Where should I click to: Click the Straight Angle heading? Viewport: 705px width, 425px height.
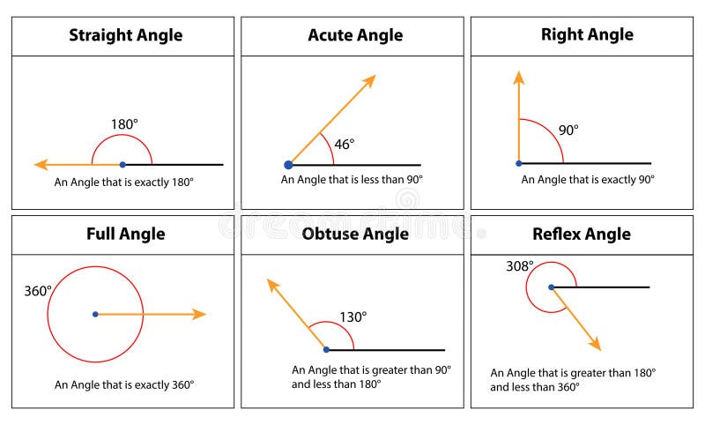click(126, 35)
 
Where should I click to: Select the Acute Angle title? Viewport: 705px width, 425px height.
click(355, 35)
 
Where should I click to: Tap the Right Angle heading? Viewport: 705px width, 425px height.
click(587, 34)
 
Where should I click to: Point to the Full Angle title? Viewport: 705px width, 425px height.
click(126, 235)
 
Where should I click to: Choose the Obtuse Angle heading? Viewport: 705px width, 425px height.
click(355, 234)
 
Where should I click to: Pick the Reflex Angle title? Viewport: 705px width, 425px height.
click(582, 235)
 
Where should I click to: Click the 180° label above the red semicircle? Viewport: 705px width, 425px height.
click(124, 124)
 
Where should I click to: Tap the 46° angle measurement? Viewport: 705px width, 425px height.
click(345, 145)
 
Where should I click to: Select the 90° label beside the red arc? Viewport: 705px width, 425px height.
click(568, 130)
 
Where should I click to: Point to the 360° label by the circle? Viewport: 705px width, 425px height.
click(38, 291)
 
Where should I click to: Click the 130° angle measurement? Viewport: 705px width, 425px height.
click(353, 317)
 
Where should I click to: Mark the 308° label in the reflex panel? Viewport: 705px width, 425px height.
click(520, 266)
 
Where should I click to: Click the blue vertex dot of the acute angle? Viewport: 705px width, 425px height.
click(289, 165)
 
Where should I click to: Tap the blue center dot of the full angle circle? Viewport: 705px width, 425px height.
click(95, 315)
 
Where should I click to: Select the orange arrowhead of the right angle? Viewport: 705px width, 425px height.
click(519, 78)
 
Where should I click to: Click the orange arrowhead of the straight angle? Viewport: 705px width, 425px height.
click(41, 165)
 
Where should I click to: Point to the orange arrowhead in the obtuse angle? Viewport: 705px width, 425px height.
click(272, 285)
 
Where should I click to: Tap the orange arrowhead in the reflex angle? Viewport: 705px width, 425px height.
click(596, 343)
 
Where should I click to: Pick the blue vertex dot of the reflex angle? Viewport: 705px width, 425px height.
click(552, 287)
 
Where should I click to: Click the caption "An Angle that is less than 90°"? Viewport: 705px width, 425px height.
click(352, 180)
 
